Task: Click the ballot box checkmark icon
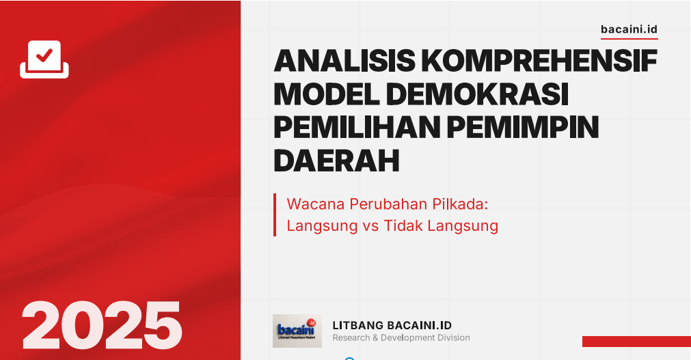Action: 44,59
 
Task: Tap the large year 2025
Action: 102,326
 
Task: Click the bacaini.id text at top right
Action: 629,29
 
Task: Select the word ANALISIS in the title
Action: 344,60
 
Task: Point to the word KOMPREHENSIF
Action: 539,60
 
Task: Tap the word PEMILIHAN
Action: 357,127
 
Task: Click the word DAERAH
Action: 337,161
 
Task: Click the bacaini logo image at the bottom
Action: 297,331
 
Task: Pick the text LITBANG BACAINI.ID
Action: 392,325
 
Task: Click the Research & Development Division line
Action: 401,338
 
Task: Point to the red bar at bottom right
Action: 636,342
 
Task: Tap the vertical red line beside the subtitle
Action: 275,214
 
